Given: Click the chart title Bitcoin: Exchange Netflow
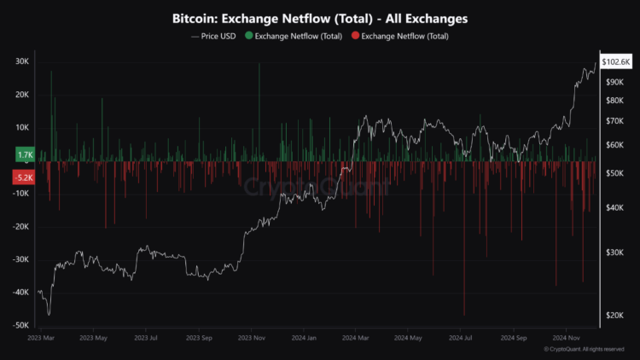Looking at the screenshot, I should pos(320,18).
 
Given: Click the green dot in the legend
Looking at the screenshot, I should pos(248,36).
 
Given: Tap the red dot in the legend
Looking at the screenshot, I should pos(356,36).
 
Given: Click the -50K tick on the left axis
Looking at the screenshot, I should pos(20,325).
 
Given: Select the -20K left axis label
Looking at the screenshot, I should pos(20,227).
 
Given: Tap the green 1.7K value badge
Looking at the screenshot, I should pos(24,154).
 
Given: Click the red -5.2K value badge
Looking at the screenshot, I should pos(23,178).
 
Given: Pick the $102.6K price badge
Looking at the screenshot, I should pos(615,62).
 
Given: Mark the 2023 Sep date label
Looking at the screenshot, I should pos(201,338).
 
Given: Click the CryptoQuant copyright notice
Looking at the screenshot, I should pos(588,350).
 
